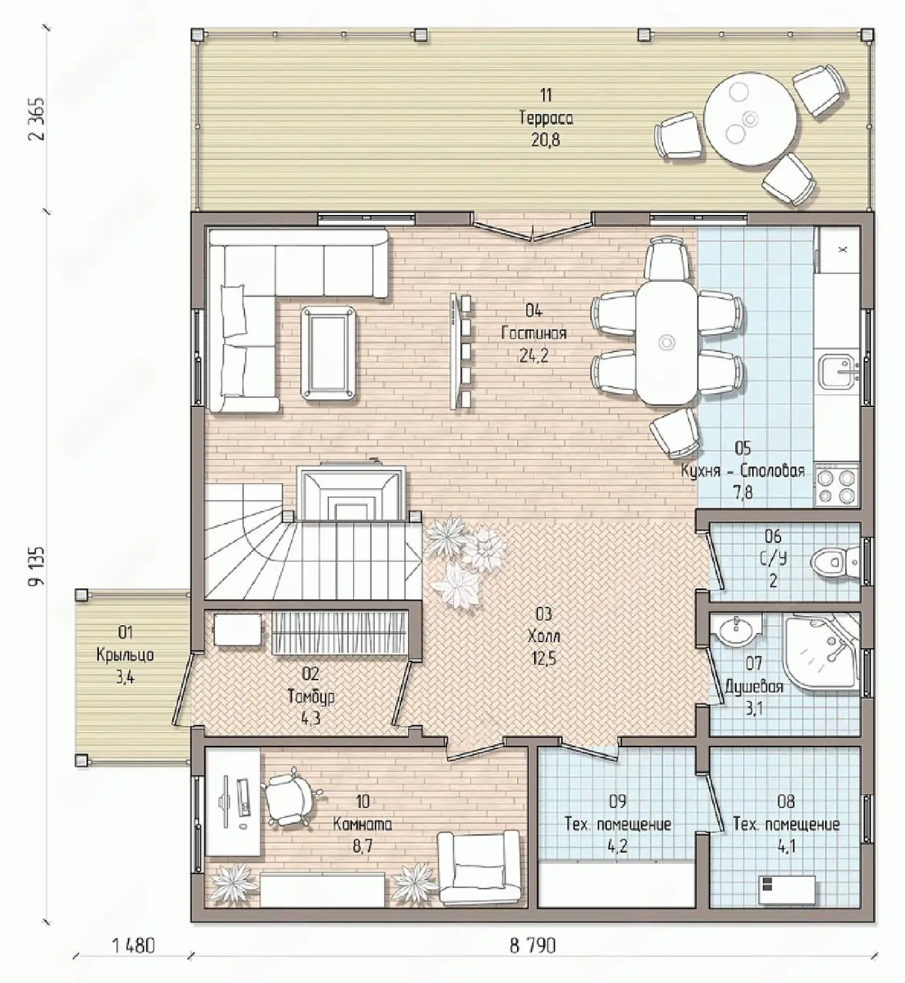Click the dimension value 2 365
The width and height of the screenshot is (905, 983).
[x=37, y=119]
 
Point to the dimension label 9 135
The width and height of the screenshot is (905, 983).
[x=37, y=565]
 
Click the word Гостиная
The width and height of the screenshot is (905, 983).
[x=533, y=333]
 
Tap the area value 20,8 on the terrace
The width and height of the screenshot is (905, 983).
[x=545, y=140]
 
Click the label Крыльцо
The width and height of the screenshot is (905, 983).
[x=125, y=654]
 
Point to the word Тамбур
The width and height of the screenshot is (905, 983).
[x=311, y=697]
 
